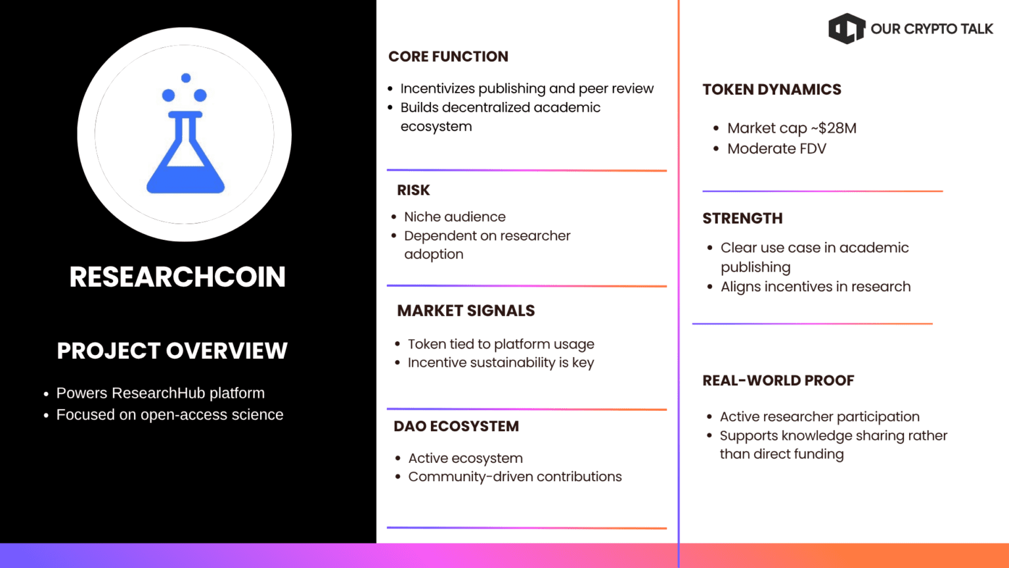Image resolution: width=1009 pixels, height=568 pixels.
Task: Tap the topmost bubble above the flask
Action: pyautogui.click(x=186, y=78)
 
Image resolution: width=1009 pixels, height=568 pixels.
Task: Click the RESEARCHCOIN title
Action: pyautogui.click(x=177, y=277)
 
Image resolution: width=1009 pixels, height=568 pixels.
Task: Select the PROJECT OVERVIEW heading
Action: pyautogui.click(x=172, y=350)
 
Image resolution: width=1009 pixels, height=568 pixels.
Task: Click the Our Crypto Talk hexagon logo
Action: pyautogui.click(x=847, y=28)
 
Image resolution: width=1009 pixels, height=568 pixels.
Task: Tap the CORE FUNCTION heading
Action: pyautogui.click(x=448, y=57)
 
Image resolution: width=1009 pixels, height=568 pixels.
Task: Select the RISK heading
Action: pyautogui.click(x=413, y=190)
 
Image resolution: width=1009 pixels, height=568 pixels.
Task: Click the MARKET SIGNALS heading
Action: pyautogui.click(x=466, y=310)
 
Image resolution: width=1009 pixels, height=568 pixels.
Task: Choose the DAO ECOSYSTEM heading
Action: pyautogui.click(x=457, y=426)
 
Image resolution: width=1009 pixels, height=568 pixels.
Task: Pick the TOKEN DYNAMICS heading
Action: pyautogui.click(x=772, y=89)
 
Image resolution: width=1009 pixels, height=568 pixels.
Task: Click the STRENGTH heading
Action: pyautogui.click(x=742, y=218)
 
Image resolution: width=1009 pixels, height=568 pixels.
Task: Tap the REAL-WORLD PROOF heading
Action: pyautogui.click(x=778, y=381)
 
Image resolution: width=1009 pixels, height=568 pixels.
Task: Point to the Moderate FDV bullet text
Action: pyautogui.click(x=776, y=149)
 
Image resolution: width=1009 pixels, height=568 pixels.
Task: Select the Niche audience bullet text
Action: pyautogui.click(x=455, y=217)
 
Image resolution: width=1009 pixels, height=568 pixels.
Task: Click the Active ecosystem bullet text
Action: pyautogui.click(x=465, y=458)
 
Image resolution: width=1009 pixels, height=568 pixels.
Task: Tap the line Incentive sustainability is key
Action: pyautogui.click(x=501, y=362)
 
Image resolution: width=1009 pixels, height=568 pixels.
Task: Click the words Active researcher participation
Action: pyautogui.click(x=819, y=417)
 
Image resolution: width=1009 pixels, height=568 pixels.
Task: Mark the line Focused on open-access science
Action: pyautogui.click(x=169, y=415)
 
